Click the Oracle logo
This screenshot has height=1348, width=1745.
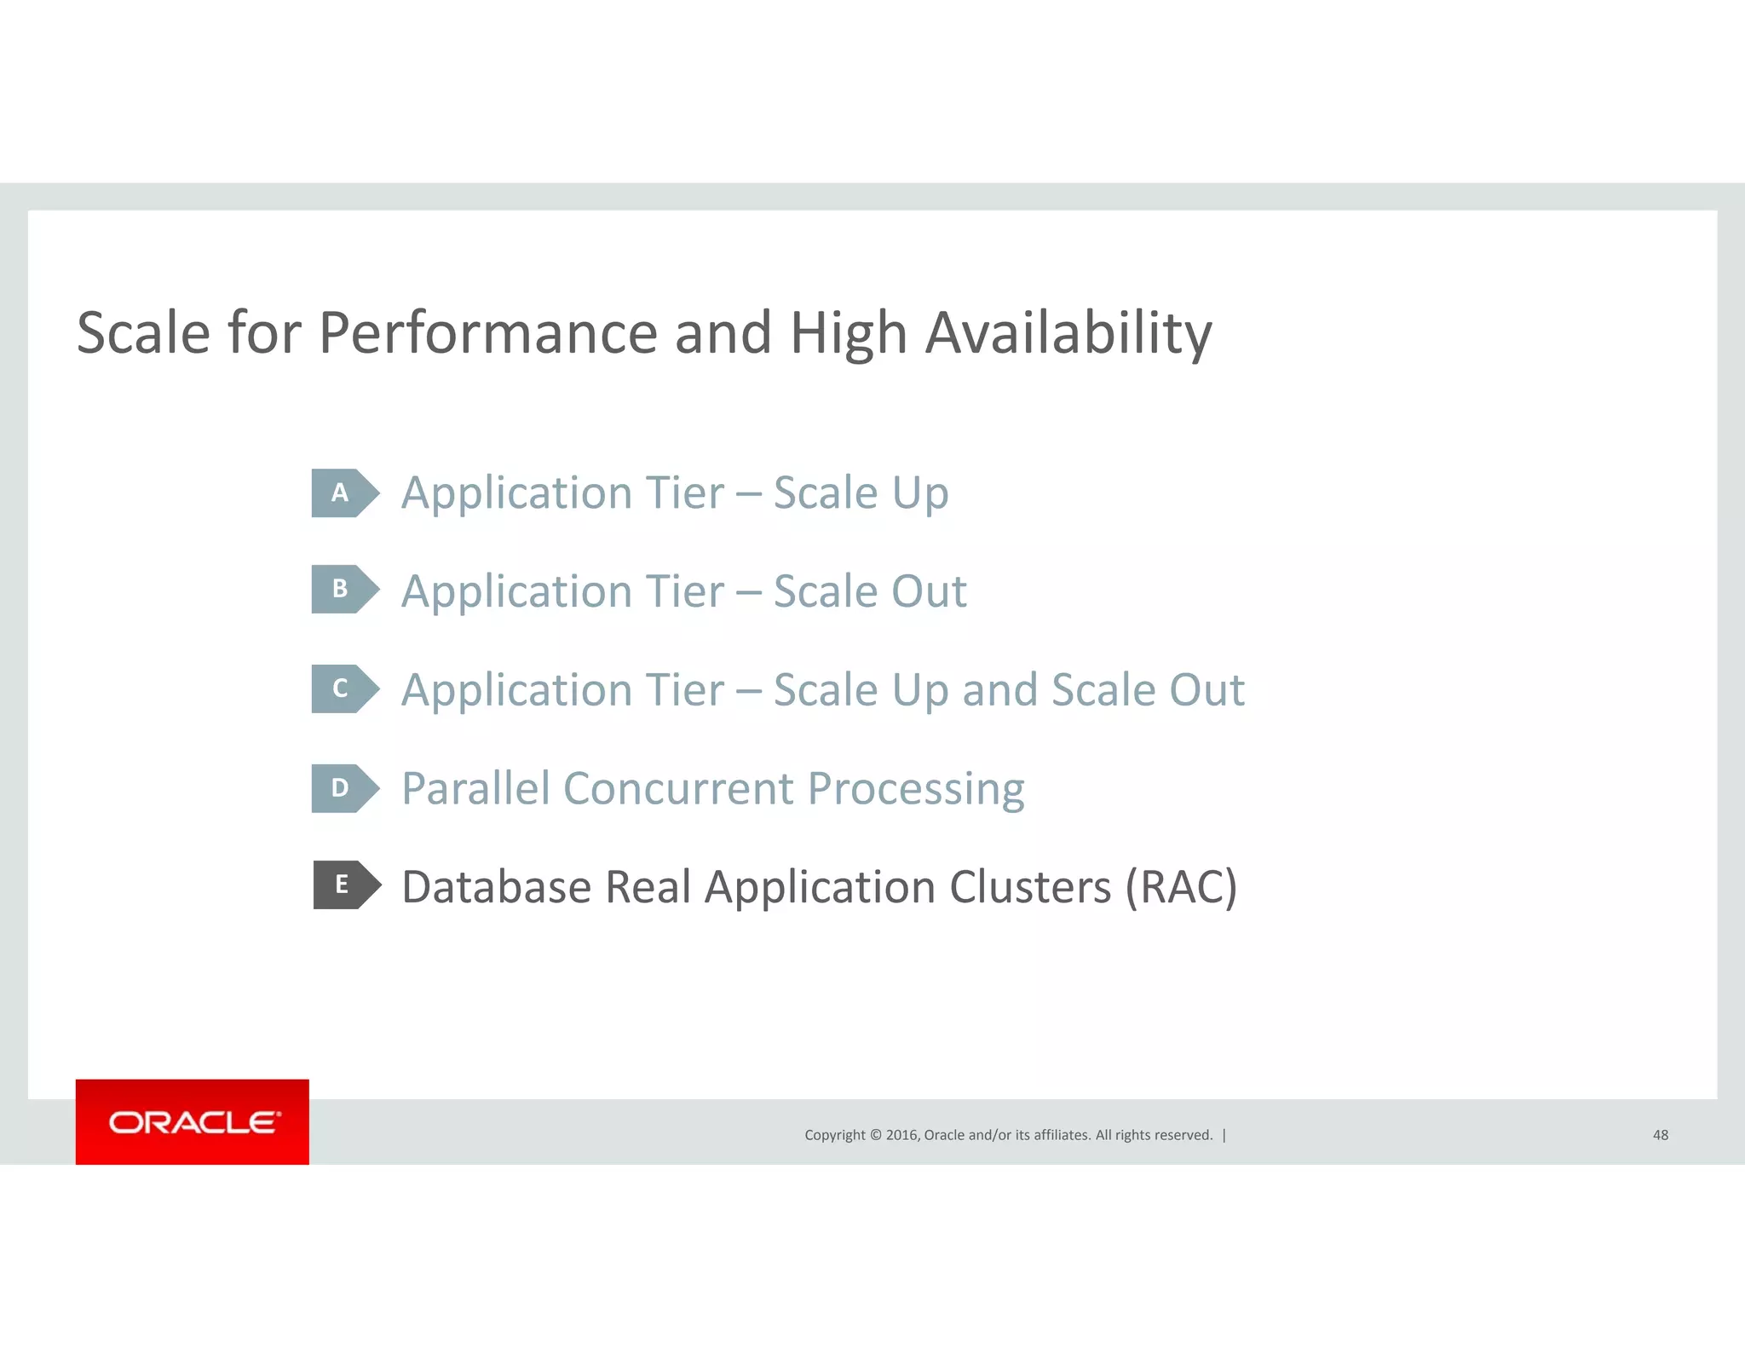(x=193, y=1122)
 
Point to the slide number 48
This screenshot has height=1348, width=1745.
(x=1660, y=1135)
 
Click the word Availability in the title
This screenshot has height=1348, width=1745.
(x=1068, y=333)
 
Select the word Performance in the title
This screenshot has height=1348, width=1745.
(x=487, y=333)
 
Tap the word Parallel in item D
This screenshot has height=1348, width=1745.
(x=475, y=788)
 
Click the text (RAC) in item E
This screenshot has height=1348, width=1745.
(x=1181, y=887)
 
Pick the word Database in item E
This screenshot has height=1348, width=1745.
(x=497, y=887)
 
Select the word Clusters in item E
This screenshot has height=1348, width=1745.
(x=1030, y=887)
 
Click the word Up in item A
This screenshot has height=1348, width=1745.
(x=920, y=494)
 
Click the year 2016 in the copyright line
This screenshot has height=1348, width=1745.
(x=901, y=1135)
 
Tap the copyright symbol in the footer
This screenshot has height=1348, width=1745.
(x=875, y=1135)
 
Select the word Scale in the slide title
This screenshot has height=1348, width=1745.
(x=143, y=333)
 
